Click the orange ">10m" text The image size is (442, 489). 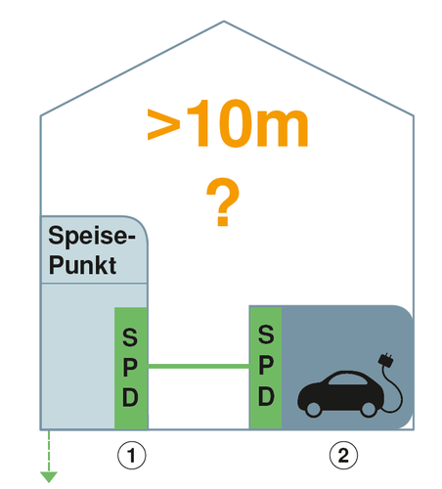pos(228,123)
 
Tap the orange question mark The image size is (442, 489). pos(223,201)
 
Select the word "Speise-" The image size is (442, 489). pos(92,236)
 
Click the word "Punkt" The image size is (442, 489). pos(82,265)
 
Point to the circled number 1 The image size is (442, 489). pos(132,455)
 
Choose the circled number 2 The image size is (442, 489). pos(343,455)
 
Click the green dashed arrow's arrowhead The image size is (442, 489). pos(49,477)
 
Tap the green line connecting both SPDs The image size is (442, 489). pos(199,367)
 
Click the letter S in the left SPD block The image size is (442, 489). pos(130,337)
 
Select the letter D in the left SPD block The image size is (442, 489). pos(130,397)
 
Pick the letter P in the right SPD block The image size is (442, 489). pos(266,366)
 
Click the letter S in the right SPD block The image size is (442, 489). pos(266,334)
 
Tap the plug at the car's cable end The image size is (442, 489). pos(386,359)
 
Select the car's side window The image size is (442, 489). pos(347,379)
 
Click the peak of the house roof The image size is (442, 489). pos(224,22)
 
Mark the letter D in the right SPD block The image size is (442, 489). pos(266,396)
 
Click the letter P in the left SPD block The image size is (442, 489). pos(130,368)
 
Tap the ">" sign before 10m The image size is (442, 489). pos(163,124)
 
